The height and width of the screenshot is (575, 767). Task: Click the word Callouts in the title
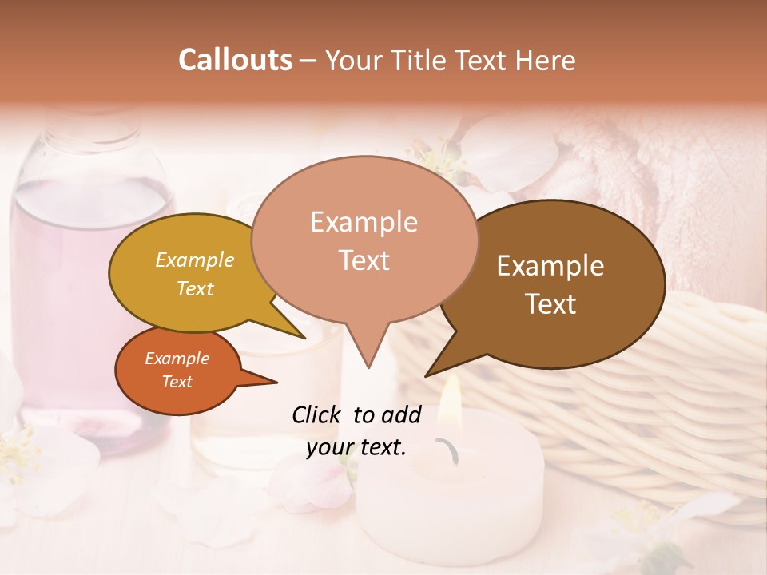pos(235,60)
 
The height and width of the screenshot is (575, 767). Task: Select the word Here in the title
pos(545,60)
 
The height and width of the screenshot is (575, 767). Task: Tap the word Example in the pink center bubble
pos(364,222)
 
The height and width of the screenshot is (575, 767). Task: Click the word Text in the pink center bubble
pos(364,260)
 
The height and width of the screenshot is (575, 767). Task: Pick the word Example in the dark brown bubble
pos(550,266)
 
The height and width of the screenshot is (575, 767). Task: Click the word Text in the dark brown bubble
pos(550,304)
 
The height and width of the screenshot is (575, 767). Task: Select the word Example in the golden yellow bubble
pos(195,260)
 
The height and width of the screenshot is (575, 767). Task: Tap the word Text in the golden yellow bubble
pos(195,289)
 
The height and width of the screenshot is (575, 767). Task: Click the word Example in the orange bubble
pos(177,359)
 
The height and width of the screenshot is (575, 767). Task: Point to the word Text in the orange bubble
pos(177,382)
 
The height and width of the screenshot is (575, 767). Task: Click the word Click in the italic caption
pos(318,414)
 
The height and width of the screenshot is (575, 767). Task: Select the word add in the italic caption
pos(402,414)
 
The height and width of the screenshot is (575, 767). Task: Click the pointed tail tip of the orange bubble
pos(276,382)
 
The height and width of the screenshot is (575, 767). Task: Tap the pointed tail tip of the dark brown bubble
pos(426,375)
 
